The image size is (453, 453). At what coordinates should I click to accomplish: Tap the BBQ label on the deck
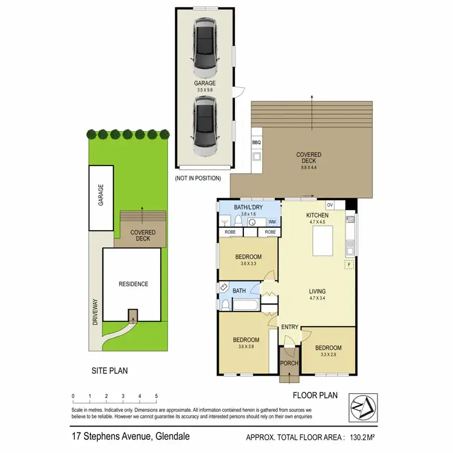pos(255,143)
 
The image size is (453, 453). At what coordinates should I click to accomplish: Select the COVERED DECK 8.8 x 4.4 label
pos(309,159)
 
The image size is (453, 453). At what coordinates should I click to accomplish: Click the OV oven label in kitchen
pos(330,204)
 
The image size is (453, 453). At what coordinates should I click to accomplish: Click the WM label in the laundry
pos(272,222)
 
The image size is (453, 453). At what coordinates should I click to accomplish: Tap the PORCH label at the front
pos(289,363)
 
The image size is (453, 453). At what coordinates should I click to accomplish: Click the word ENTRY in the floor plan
pos(290,327)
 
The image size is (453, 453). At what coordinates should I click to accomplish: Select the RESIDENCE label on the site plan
pos(133,284)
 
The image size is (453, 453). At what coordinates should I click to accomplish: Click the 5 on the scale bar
pos(156,396)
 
